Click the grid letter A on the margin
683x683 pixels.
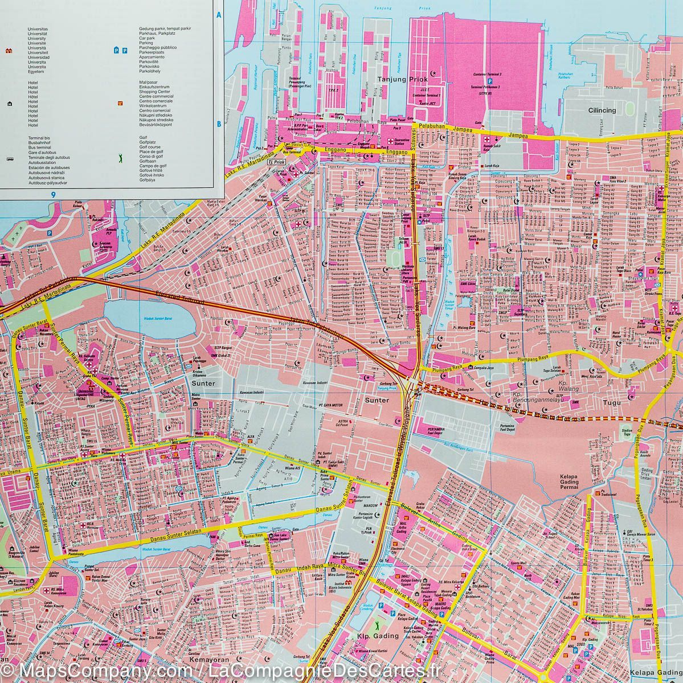pos(218,16)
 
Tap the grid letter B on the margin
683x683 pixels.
pos(218,124)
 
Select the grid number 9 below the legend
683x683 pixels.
pos(52,195)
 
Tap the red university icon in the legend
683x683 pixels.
pos(9,51)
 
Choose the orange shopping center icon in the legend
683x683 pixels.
pos(120,103)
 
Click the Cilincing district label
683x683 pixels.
pos(602,110)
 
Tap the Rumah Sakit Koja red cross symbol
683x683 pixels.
pos(488,140)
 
